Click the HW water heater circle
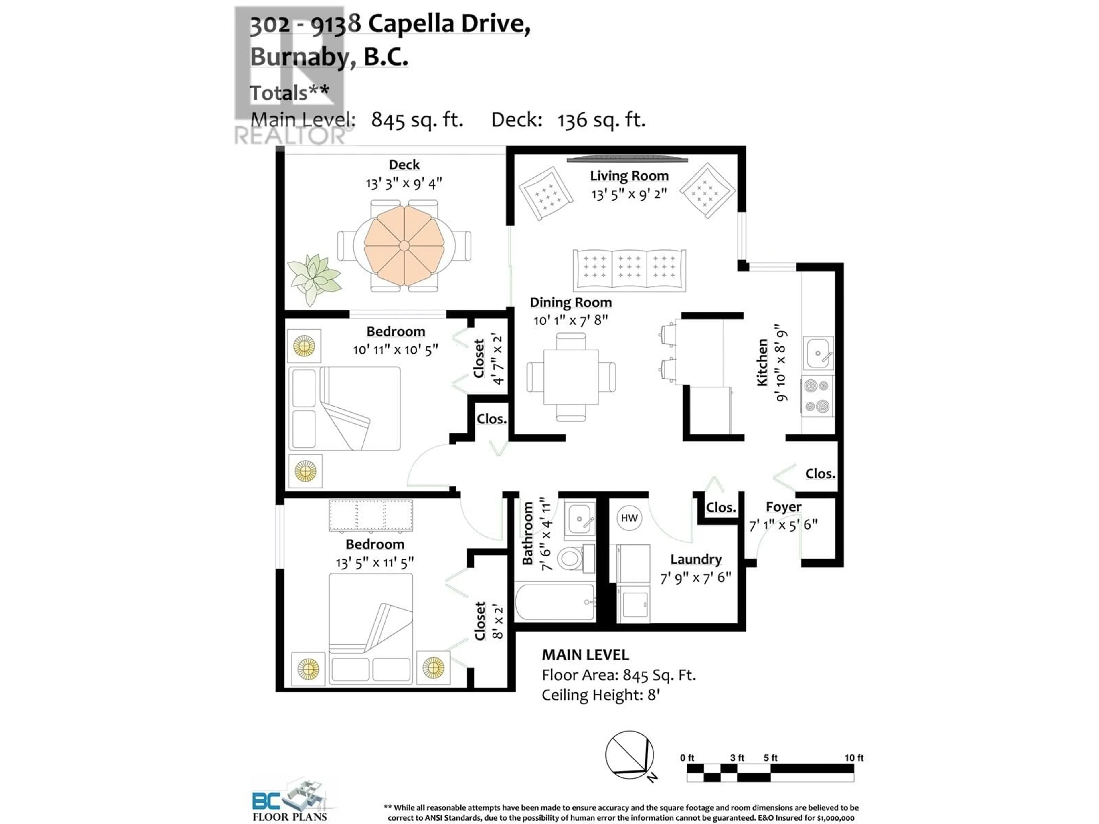(629, 518)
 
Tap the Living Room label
(629, 176)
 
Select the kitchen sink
(817, 353)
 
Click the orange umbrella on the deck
(404, 246)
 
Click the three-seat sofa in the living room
(629, 270)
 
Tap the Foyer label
(784, 507)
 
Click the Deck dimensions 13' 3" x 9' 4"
(404, 183)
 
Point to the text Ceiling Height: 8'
(601, 695)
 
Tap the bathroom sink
(579, 518)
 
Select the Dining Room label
(571, 302)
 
